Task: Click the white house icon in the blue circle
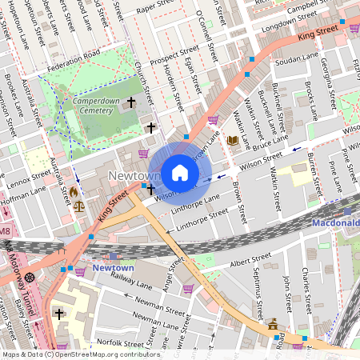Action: pyautogui.click(x=180, y=172)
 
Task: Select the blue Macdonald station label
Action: pyautogui.click(x=335, y=222)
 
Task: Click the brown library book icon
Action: pyautogui.click(x=232, y=141)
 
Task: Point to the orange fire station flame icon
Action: pyautogui.click(x=74, y=192)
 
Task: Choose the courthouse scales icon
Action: pyautogui.click(x=78, y=206)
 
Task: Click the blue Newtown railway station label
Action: pyautogui.click(x=112, y=267)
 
